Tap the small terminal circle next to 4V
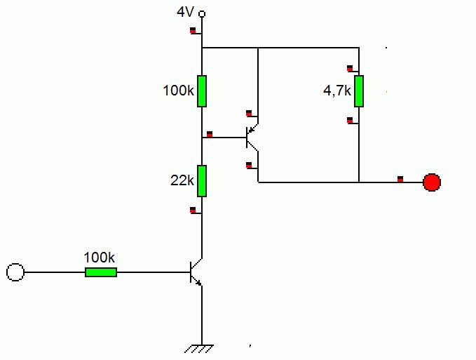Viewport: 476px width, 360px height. click(202, 13)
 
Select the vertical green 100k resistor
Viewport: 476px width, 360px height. click(202, 91)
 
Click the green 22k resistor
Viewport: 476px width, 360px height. click(202, 180)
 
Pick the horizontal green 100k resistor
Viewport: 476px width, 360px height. click(101, 272)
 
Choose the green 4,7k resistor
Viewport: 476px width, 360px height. click(359, 91)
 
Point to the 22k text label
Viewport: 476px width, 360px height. click(182, 180)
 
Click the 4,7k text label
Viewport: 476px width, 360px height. click(336, 91)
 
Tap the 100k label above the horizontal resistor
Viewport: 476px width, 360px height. click(100, 257)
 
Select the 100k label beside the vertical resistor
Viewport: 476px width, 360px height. click(178, 91)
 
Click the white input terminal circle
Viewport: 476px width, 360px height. click(15, 272)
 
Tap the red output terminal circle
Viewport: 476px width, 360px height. click(432, 182)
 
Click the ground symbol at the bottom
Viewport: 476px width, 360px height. click(202, 347)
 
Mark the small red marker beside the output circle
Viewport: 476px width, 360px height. click(400, 178)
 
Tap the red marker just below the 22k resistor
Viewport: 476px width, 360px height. click(193, 209)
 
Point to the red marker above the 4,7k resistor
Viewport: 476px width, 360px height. click(350, 68)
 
